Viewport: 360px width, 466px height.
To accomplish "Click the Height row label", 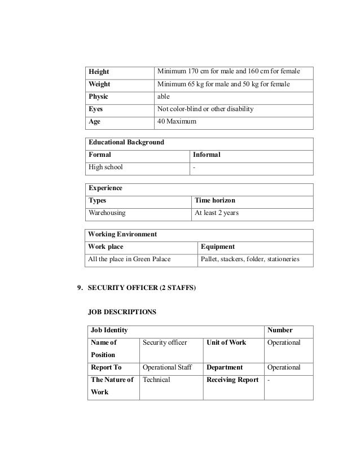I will (98, 72).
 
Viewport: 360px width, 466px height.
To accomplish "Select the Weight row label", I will (99, 85).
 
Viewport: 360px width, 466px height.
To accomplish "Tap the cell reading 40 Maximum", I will (176, 121).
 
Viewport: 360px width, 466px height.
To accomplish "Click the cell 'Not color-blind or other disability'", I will (205, 109).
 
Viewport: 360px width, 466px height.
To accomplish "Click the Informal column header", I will (207, 155).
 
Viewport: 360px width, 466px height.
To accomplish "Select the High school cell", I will (106, 167).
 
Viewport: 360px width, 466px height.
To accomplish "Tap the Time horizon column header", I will (215, 201).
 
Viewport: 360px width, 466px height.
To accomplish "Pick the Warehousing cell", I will (107, 213).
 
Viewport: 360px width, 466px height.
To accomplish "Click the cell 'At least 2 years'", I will (217, 213).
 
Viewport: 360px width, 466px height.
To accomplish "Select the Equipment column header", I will (218, 247).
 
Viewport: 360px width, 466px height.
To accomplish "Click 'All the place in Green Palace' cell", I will (130, 260).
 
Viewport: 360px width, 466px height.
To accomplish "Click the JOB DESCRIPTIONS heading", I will (123, 311).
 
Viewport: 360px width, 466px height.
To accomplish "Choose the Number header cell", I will (280, 331).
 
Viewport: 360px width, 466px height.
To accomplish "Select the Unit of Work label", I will (227, 342).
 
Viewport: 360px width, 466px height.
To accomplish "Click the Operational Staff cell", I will (168, 367).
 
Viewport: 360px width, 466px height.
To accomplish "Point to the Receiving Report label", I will (232, 380).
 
